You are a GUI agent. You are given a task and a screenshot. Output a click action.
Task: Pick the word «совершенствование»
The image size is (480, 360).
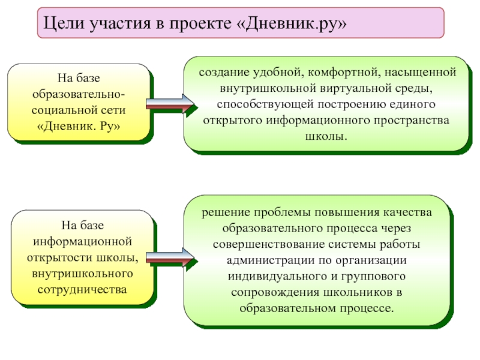click(x=263, y=244)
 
